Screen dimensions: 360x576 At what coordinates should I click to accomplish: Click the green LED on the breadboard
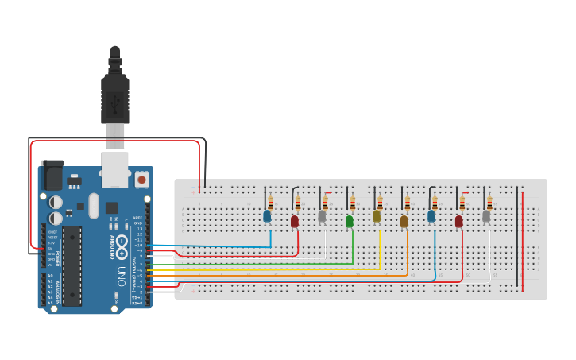350,221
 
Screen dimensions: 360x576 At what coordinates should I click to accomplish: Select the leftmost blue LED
267,215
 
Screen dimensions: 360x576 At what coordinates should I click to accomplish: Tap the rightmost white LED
486,215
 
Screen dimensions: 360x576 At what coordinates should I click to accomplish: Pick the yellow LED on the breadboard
377,215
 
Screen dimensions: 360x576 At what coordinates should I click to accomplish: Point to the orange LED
404,221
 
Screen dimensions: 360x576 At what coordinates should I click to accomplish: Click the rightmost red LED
459,221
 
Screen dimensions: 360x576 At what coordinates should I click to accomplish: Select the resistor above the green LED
352,203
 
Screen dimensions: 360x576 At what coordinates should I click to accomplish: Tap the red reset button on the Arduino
141,180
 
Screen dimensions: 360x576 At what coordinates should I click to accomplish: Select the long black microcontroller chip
72,265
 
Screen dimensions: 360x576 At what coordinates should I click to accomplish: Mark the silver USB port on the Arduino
115,168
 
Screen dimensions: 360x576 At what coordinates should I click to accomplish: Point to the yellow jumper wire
278,269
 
